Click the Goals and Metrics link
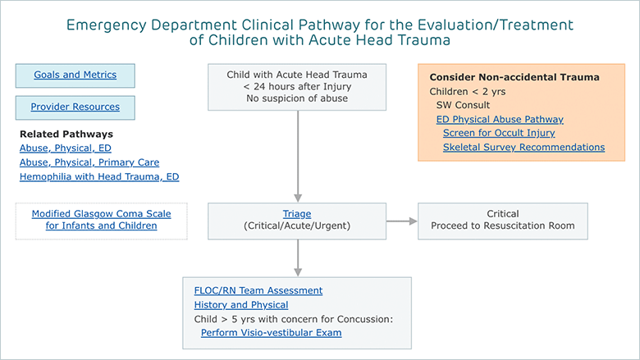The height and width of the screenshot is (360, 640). point(75,75)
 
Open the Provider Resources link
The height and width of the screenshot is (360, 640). point(75,107)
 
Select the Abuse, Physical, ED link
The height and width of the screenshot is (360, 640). point(66,148)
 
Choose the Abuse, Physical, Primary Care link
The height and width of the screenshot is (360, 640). point(89,162)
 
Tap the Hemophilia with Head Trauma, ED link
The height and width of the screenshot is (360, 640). point(99,177)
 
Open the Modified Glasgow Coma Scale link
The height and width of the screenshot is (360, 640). point(101,220)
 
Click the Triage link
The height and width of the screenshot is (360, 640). point(297,214)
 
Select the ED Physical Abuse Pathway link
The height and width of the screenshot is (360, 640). point(500,120)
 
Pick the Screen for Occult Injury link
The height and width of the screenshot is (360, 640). point(499,134)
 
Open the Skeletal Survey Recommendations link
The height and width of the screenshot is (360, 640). point(524,147)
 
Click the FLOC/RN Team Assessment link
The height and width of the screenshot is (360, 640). point(258,290)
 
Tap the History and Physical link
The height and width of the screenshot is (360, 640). point(241,305)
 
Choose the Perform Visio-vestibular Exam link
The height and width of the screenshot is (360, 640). point(272,333)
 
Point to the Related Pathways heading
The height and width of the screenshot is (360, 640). point(66,134)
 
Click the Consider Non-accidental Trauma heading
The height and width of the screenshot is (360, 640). point(514,77)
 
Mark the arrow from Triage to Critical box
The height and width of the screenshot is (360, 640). point(401,221)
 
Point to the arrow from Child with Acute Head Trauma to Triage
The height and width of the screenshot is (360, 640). point(298,156)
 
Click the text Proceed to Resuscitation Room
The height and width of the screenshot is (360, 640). point(503,226)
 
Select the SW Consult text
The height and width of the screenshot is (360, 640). point(463,105)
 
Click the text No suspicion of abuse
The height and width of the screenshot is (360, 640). point(297,98)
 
